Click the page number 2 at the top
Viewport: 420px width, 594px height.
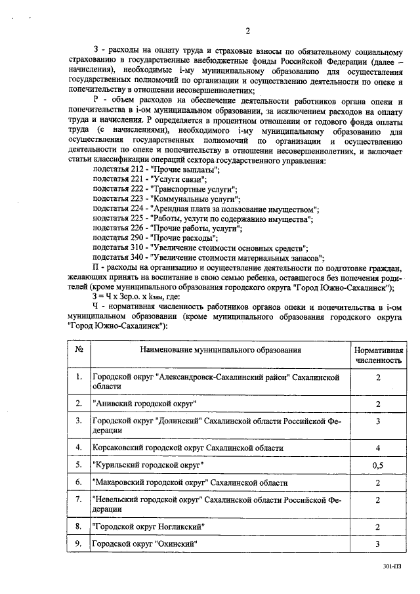[x=247, y=31]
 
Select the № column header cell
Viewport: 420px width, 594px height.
[x=79, y=350]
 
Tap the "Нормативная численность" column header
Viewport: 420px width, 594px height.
[x=378, y=355]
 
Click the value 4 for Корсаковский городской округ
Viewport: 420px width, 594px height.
[x=378, y=448]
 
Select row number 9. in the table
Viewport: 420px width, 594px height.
[x=79, y=543]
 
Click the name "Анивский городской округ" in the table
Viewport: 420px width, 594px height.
[x=144, y=403]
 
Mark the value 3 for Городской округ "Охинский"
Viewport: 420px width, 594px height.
[x=378, y=543]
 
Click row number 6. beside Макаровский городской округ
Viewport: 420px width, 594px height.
[x=79, y=482]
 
